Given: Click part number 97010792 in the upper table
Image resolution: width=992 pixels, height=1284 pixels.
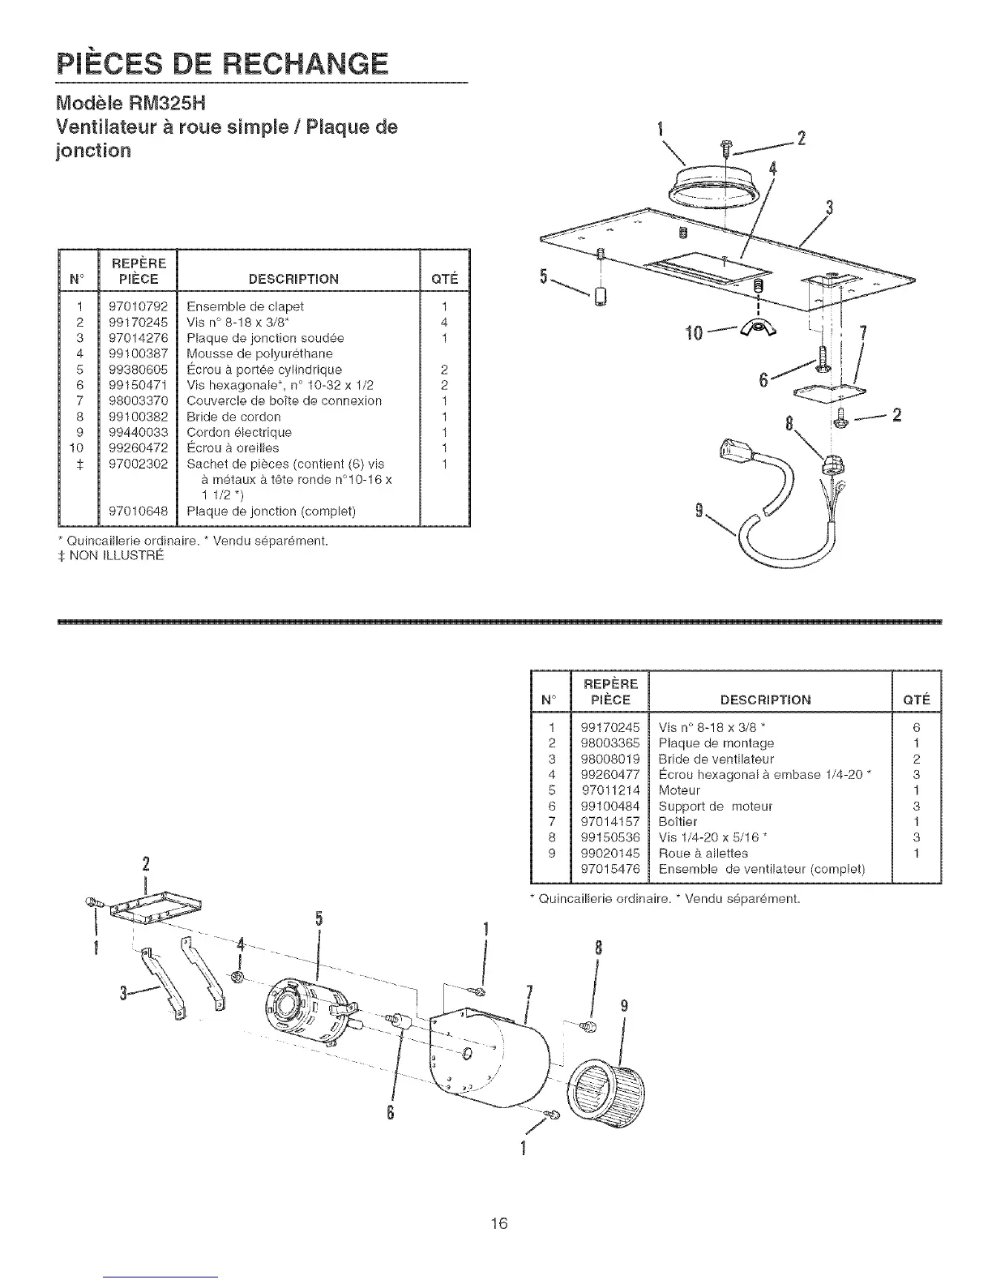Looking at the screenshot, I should (137, 306).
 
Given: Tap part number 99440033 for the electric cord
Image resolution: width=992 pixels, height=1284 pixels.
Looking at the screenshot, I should (137, 432).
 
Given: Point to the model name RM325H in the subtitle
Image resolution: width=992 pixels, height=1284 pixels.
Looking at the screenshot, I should (162, 103).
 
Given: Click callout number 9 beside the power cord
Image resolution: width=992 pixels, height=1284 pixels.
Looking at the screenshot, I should (698, 510).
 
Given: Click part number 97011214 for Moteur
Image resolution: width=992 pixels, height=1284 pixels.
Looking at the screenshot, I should (610, 790).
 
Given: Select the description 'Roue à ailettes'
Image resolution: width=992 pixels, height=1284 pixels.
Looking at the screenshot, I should (703, 854).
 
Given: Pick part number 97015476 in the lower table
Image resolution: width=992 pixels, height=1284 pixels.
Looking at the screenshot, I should (610, 869).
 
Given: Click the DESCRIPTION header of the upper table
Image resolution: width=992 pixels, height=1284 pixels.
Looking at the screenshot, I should (293, 279).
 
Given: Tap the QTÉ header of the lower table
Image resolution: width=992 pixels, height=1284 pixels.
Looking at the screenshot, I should (916, 700).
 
